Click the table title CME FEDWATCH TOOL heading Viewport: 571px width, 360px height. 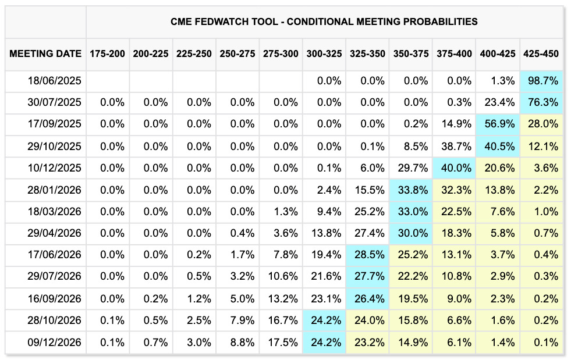click(324, 22)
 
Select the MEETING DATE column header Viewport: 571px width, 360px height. click(45, 54)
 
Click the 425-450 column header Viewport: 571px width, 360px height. click(541, 54)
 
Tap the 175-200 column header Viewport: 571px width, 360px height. click(107, 54)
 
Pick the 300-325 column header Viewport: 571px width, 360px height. click(324, 54)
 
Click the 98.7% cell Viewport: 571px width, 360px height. click(542, 81)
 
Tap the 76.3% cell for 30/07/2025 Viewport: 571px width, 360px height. click(542, 103)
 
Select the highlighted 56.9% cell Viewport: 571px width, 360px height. click(499, 124)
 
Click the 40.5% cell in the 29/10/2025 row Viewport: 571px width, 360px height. click(499, 147)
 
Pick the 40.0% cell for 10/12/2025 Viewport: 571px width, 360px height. click(455, 168)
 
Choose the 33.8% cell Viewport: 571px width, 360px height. click(412, 190)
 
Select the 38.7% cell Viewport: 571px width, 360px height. click(456, 147)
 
